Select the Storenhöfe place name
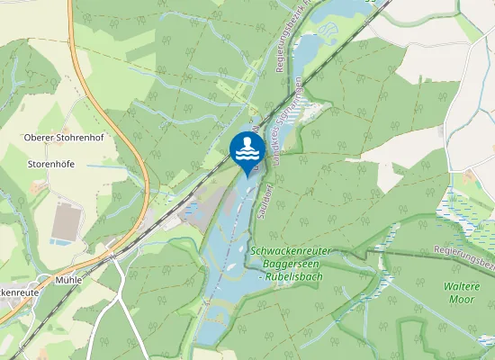click(x=50, y=164)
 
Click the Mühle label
click(x=67, y=280)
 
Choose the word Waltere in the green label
click(x=462, y=285)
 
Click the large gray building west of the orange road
click(x=68, y=220)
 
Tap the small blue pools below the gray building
click(x=60, y=241)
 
